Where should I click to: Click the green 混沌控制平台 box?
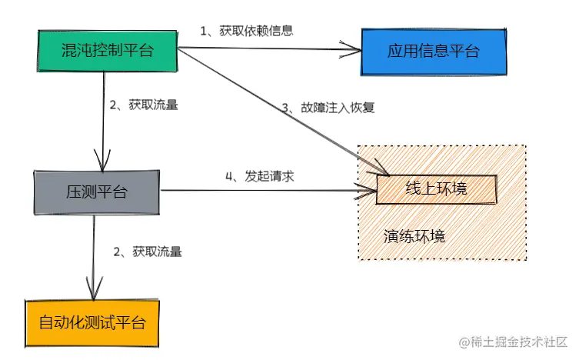(107, 50)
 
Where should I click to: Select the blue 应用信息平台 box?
(434, 52)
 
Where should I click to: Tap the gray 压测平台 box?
(96, 191)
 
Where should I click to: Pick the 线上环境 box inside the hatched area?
(436, 188)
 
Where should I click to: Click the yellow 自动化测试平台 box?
(92, 321)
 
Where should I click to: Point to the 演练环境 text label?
(414, 235)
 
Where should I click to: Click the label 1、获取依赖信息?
(247, 31)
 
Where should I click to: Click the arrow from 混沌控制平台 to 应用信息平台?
(269, 51)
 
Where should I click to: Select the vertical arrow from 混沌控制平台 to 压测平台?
(103, 115)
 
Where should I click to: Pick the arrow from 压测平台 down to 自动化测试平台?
(93, 254)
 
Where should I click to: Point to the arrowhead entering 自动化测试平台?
(93, 292)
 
